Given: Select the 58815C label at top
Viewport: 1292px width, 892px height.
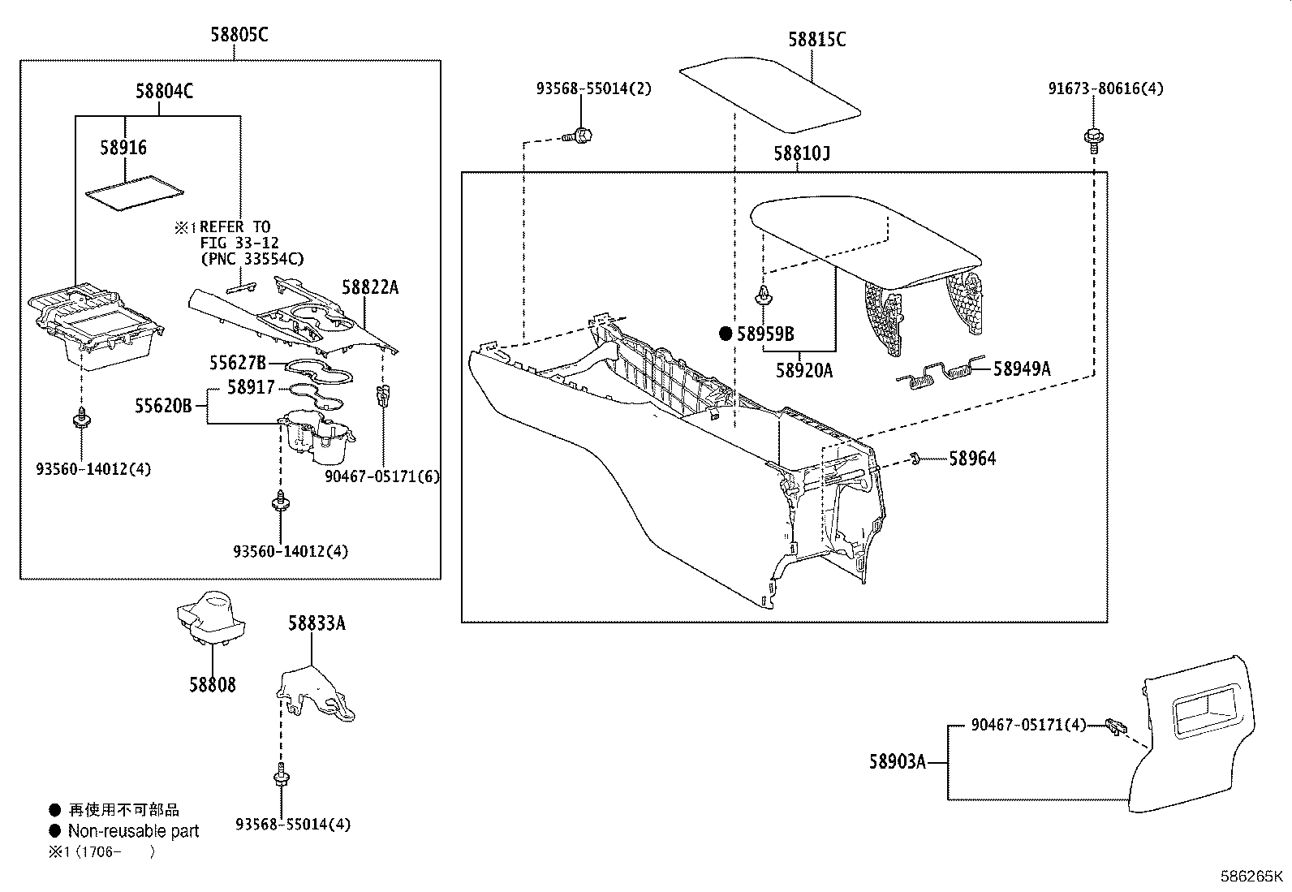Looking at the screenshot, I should pos(816,40).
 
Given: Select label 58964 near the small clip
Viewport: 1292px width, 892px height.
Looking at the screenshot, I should pos(972,459).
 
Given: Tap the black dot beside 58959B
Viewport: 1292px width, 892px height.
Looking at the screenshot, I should pos(726,334).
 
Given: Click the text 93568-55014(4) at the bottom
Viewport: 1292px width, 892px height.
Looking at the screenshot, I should pos(293,825).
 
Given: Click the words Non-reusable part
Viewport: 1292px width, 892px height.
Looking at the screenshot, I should pos(133,831).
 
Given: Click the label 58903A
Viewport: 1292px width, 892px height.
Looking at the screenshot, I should pos(897,762).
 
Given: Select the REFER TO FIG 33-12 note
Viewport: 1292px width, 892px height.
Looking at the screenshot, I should pos(239,243).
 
